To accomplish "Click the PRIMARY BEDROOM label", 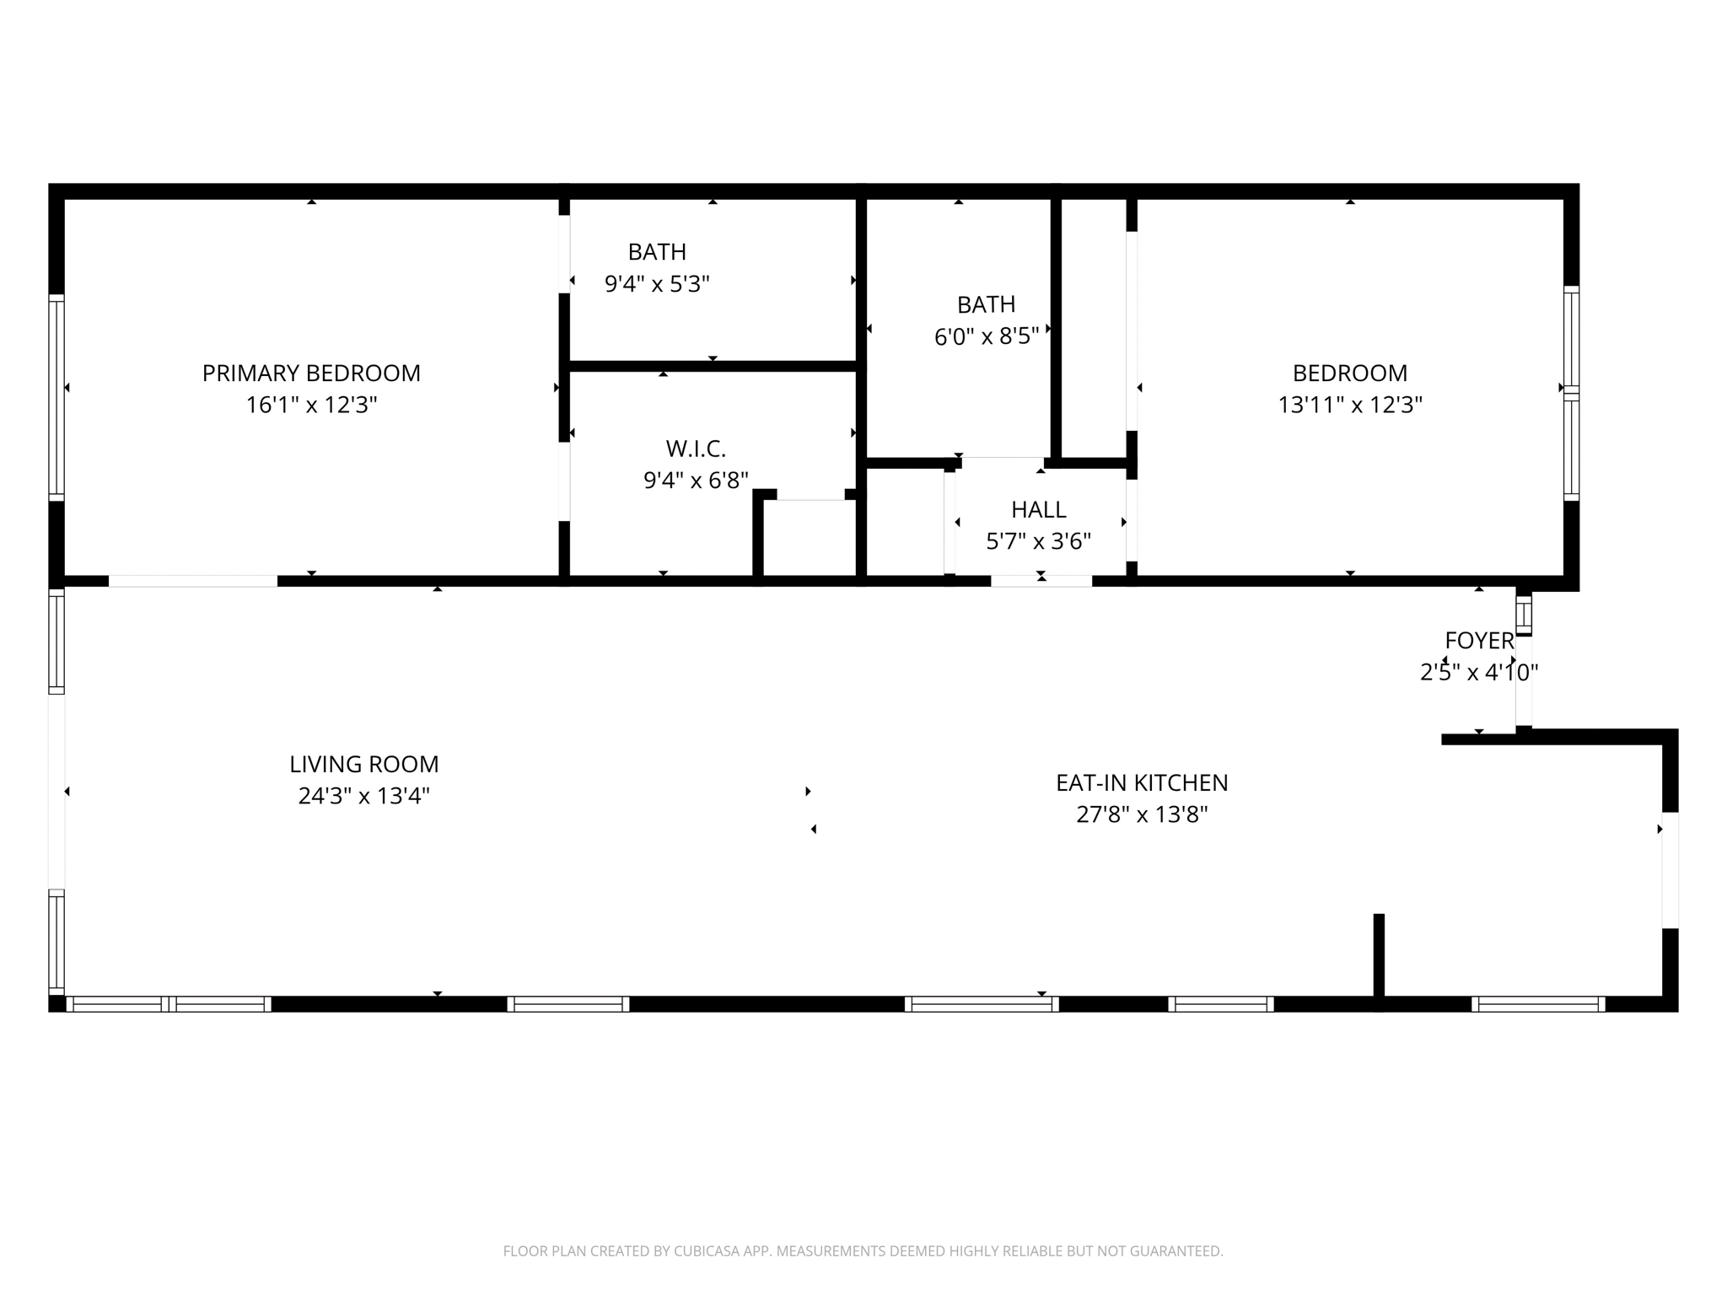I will (x=311, y=373).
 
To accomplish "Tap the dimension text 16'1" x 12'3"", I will (x=311, y=406).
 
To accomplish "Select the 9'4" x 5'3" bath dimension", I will (x=657, y=284).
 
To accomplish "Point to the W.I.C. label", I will (x=696, y=448).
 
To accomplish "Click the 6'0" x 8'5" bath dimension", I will (x=986, y=337).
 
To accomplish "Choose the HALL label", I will (x=1038, y=509).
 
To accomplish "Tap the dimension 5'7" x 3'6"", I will (x=1038, y=541).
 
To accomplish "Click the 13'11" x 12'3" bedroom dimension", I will (x=1349, y=406).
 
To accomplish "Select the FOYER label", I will (x=1479, y=641).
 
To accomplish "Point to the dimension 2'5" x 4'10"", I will (x=1479, y=673).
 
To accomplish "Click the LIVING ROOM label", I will (x=363, y=764).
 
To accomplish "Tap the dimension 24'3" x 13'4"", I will (x=363, y=796).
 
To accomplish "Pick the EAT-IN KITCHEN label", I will (x=1142, y=782).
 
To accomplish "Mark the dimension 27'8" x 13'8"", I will (x=1142, y=815).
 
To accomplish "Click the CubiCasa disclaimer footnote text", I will (x=863, y=1251).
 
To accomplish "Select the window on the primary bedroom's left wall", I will (x=56, y=396).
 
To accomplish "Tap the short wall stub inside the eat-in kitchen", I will (x=1379, y=957).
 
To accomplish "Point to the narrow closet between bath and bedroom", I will (x=1094, y=329).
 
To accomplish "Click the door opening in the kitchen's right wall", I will (x=1670, y=870).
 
